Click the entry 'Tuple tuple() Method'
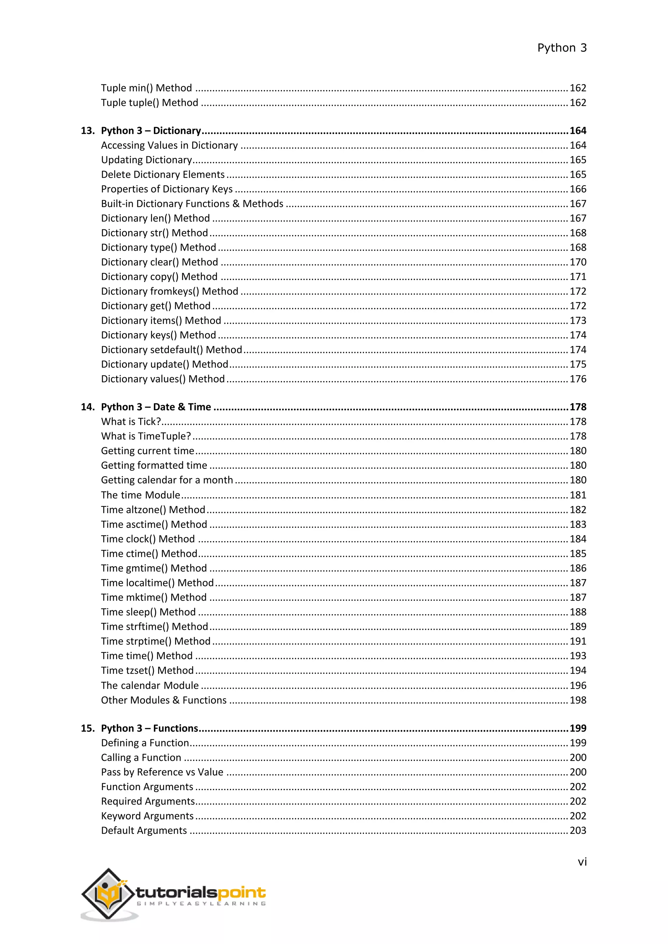pos(149,103)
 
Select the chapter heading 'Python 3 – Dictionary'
pos(151,131)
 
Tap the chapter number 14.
pos(87,407)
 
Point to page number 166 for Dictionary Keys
pos(578,189)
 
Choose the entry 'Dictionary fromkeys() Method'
pos(170,291)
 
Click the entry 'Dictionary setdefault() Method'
pos(172,350)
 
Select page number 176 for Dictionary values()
pos(578,379)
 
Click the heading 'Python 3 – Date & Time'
pos(156,407)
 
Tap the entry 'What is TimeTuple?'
pos(146,436)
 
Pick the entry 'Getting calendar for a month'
pos(167,480)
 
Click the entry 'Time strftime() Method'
pos(154,627)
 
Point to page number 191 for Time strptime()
pos(578,642)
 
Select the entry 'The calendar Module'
pos(150,686)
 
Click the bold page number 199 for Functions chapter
pos(578,729)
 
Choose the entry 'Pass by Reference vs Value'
pos(162,772)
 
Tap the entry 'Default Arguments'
pos(144,831)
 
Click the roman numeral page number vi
pos(582,862)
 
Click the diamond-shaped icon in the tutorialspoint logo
pos(109,894)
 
